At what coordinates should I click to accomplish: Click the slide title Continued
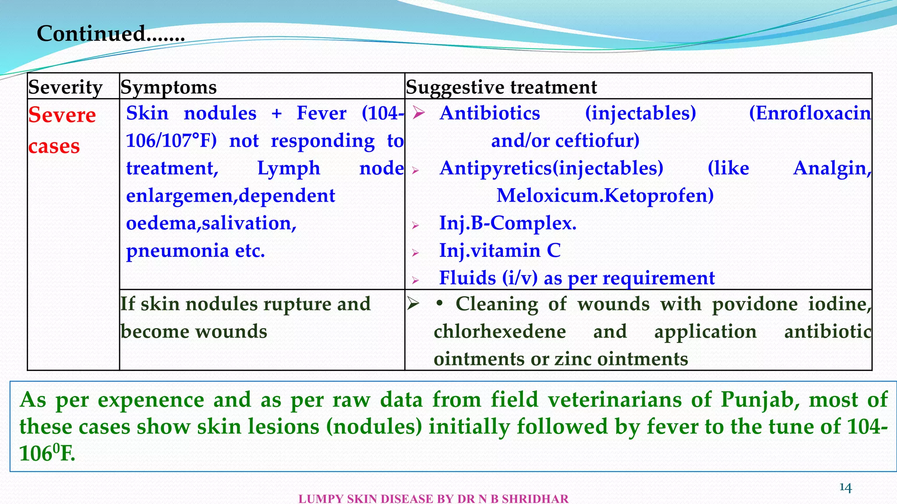point(110,33)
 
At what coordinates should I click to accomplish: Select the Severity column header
point(66,87)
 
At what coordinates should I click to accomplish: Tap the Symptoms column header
point(169,87)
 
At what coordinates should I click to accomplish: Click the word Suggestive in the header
point(455,87)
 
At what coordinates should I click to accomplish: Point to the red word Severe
point(62,115)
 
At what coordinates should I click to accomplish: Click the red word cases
point(54,146)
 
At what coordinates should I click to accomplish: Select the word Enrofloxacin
point(810,113)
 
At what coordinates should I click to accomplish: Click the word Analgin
point(832,168)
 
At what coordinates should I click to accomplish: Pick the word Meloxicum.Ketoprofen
point(605,196)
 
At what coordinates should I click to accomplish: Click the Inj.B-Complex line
point(508,223)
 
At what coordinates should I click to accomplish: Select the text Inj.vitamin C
point(500,251)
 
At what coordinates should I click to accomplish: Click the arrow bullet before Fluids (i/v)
point(416,280)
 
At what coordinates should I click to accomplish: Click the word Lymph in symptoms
point(289,168)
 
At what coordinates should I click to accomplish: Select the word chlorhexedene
point(500,332)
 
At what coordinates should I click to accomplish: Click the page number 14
point(845,487)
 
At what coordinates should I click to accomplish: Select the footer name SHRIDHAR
point(535,499)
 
